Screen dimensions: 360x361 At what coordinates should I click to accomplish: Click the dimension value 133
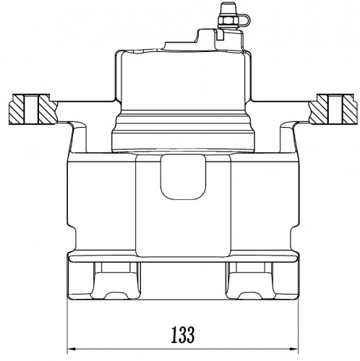coord(183,334)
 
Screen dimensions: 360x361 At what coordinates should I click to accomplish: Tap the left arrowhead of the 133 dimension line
coord(71,349)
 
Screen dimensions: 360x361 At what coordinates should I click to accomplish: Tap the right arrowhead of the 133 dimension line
coord(294,349)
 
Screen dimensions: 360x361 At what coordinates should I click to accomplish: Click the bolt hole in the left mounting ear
coord(31,110)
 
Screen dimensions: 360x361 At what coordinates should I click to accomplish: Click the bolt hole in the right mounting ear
coord(335,110)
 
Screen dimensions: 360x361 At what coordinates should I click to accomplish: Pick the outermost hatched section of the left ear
coord(17,110)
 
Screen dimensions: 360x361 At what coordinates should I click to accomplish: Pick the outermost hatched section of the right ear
coord(348,110)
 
